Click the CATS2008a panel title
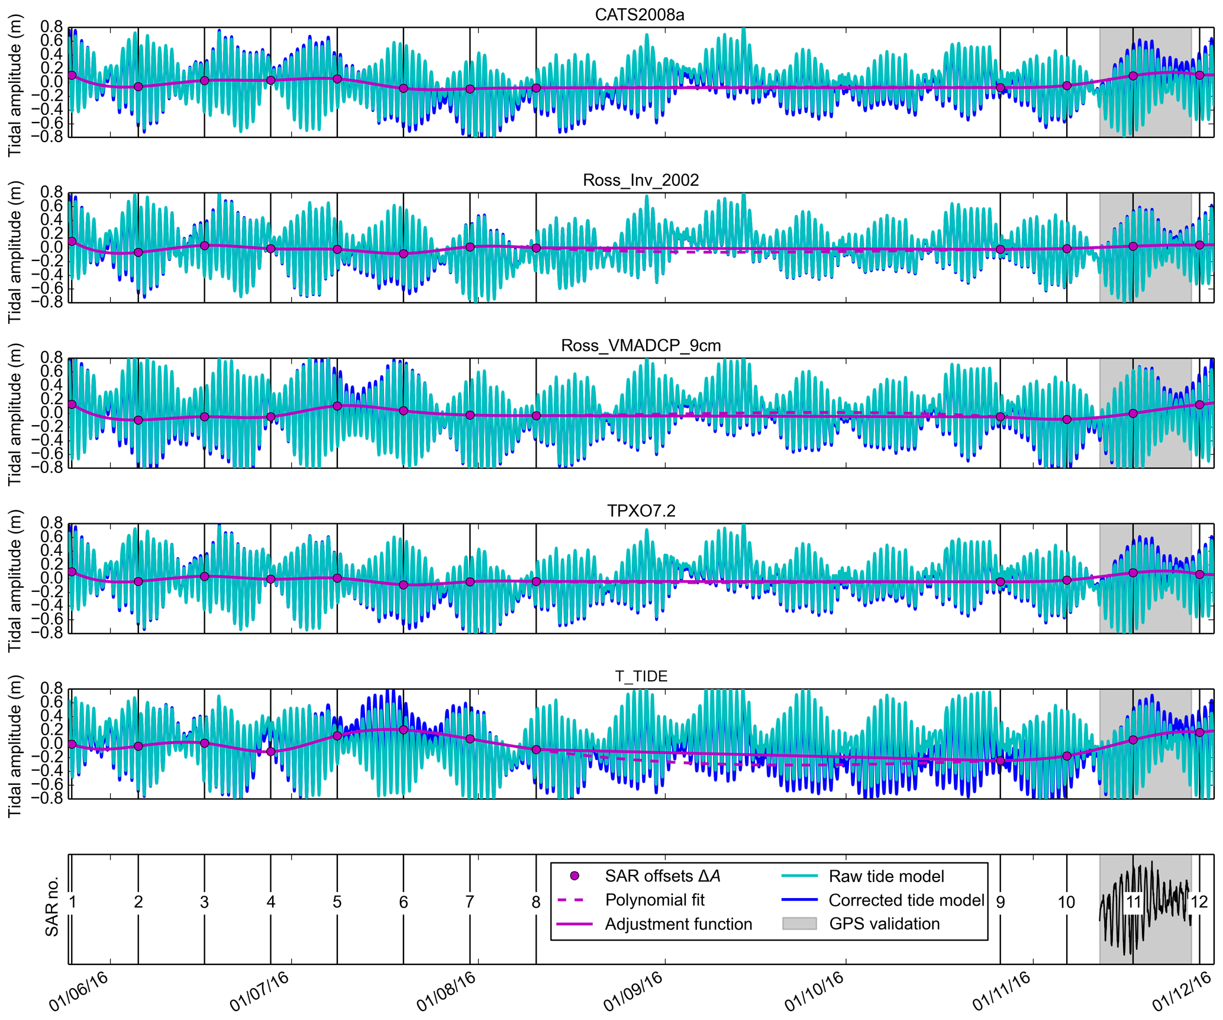[x=640, y=14]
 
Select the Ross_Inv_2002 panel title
[x=641, y=180]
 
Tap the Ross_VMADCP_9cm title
[x=641, y=345]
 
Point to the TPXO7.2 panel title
[x=641, y=510]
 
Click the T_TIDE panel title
[x=641, y=676]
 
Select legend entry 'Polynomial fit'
[x=654, y=900]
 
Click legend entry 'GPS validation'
[x=884, y=924]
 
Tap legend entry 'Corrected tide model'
[x=906, y=900]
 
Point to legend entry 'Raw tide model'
[x=886, y=876]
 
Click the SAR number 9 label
[x=1000, y=902]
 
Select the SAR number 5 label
[x=337, y=902]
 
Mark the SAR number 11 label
[x=1132, y=902]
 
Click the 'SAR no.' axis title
[x=52, y=906]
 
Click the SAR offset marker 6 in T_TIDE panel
[x=404, y=730]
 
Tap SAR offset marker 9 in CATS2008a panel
[x=1001, y=88]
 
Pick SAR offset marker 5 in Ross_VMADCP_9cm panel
[x=337, y=406]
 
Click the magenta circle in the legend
[x=574, y=876]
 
